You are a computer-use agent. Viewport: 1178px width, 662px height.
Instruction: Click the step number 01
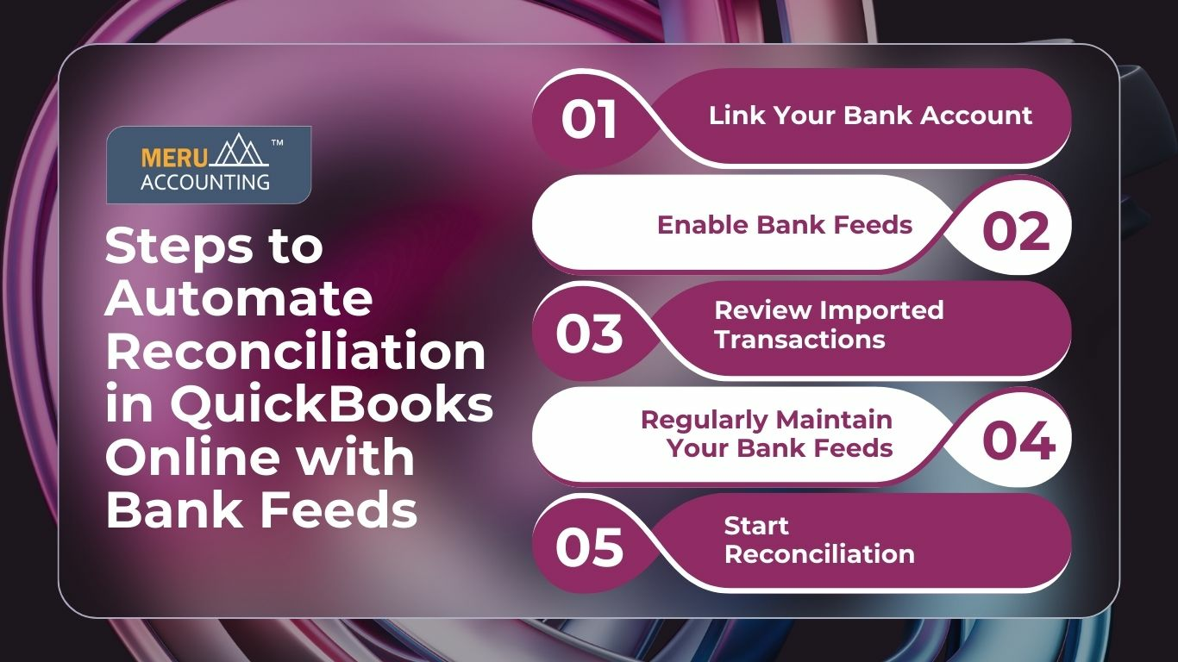point(589,120)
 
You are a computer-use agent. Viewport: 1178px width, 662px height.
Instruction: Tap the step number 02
point(1016,231)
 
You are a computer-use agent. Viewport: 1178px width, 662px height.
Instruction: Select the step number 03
point(589,334)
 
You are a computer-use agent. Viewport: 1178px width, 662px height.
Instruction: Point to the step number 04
point(1018,440)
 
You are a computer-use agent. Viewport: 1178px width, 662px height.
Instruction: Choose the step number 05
point(589,547)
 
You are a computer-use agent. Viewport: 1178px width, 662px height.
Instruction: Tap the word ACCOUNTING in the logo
point(204,182)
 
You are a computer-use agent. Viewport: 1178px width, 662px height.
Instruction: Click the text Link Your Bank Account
point(870,116)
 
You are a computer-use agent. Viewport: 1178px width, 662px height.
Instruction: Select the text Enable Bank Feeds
point(784,225)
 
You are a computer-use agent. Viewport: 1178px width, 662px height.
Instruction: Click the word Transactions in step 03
point(799,339)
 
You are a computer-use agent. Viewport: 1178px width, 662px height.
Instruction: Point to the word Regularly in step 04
point(701,420)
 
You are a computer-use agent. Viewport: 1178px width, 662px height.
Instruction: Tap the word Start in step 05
point(756,525)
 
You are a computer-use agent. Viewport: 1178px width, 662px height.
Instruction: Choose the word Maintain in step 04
point(834,420)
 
